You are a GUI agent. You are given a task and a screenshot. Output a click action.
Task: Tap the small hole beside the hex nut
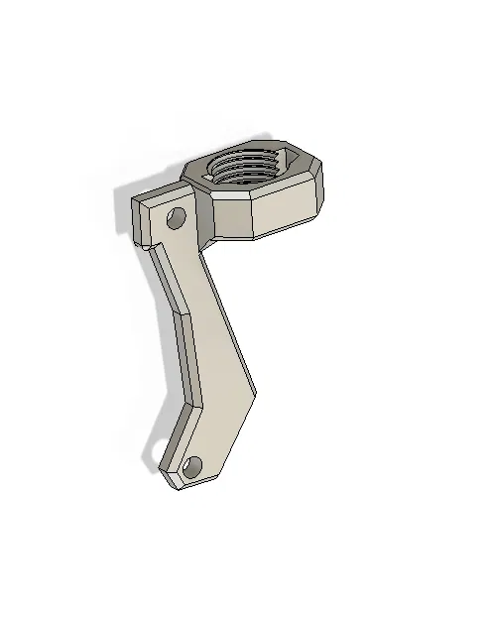[177, 217]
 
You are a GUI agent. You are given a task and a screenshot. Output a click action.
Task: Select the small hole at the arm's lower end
[192, 463]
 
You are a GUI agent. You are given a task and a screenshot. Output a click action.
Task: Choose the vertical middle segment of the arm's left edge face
[190, 357]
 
